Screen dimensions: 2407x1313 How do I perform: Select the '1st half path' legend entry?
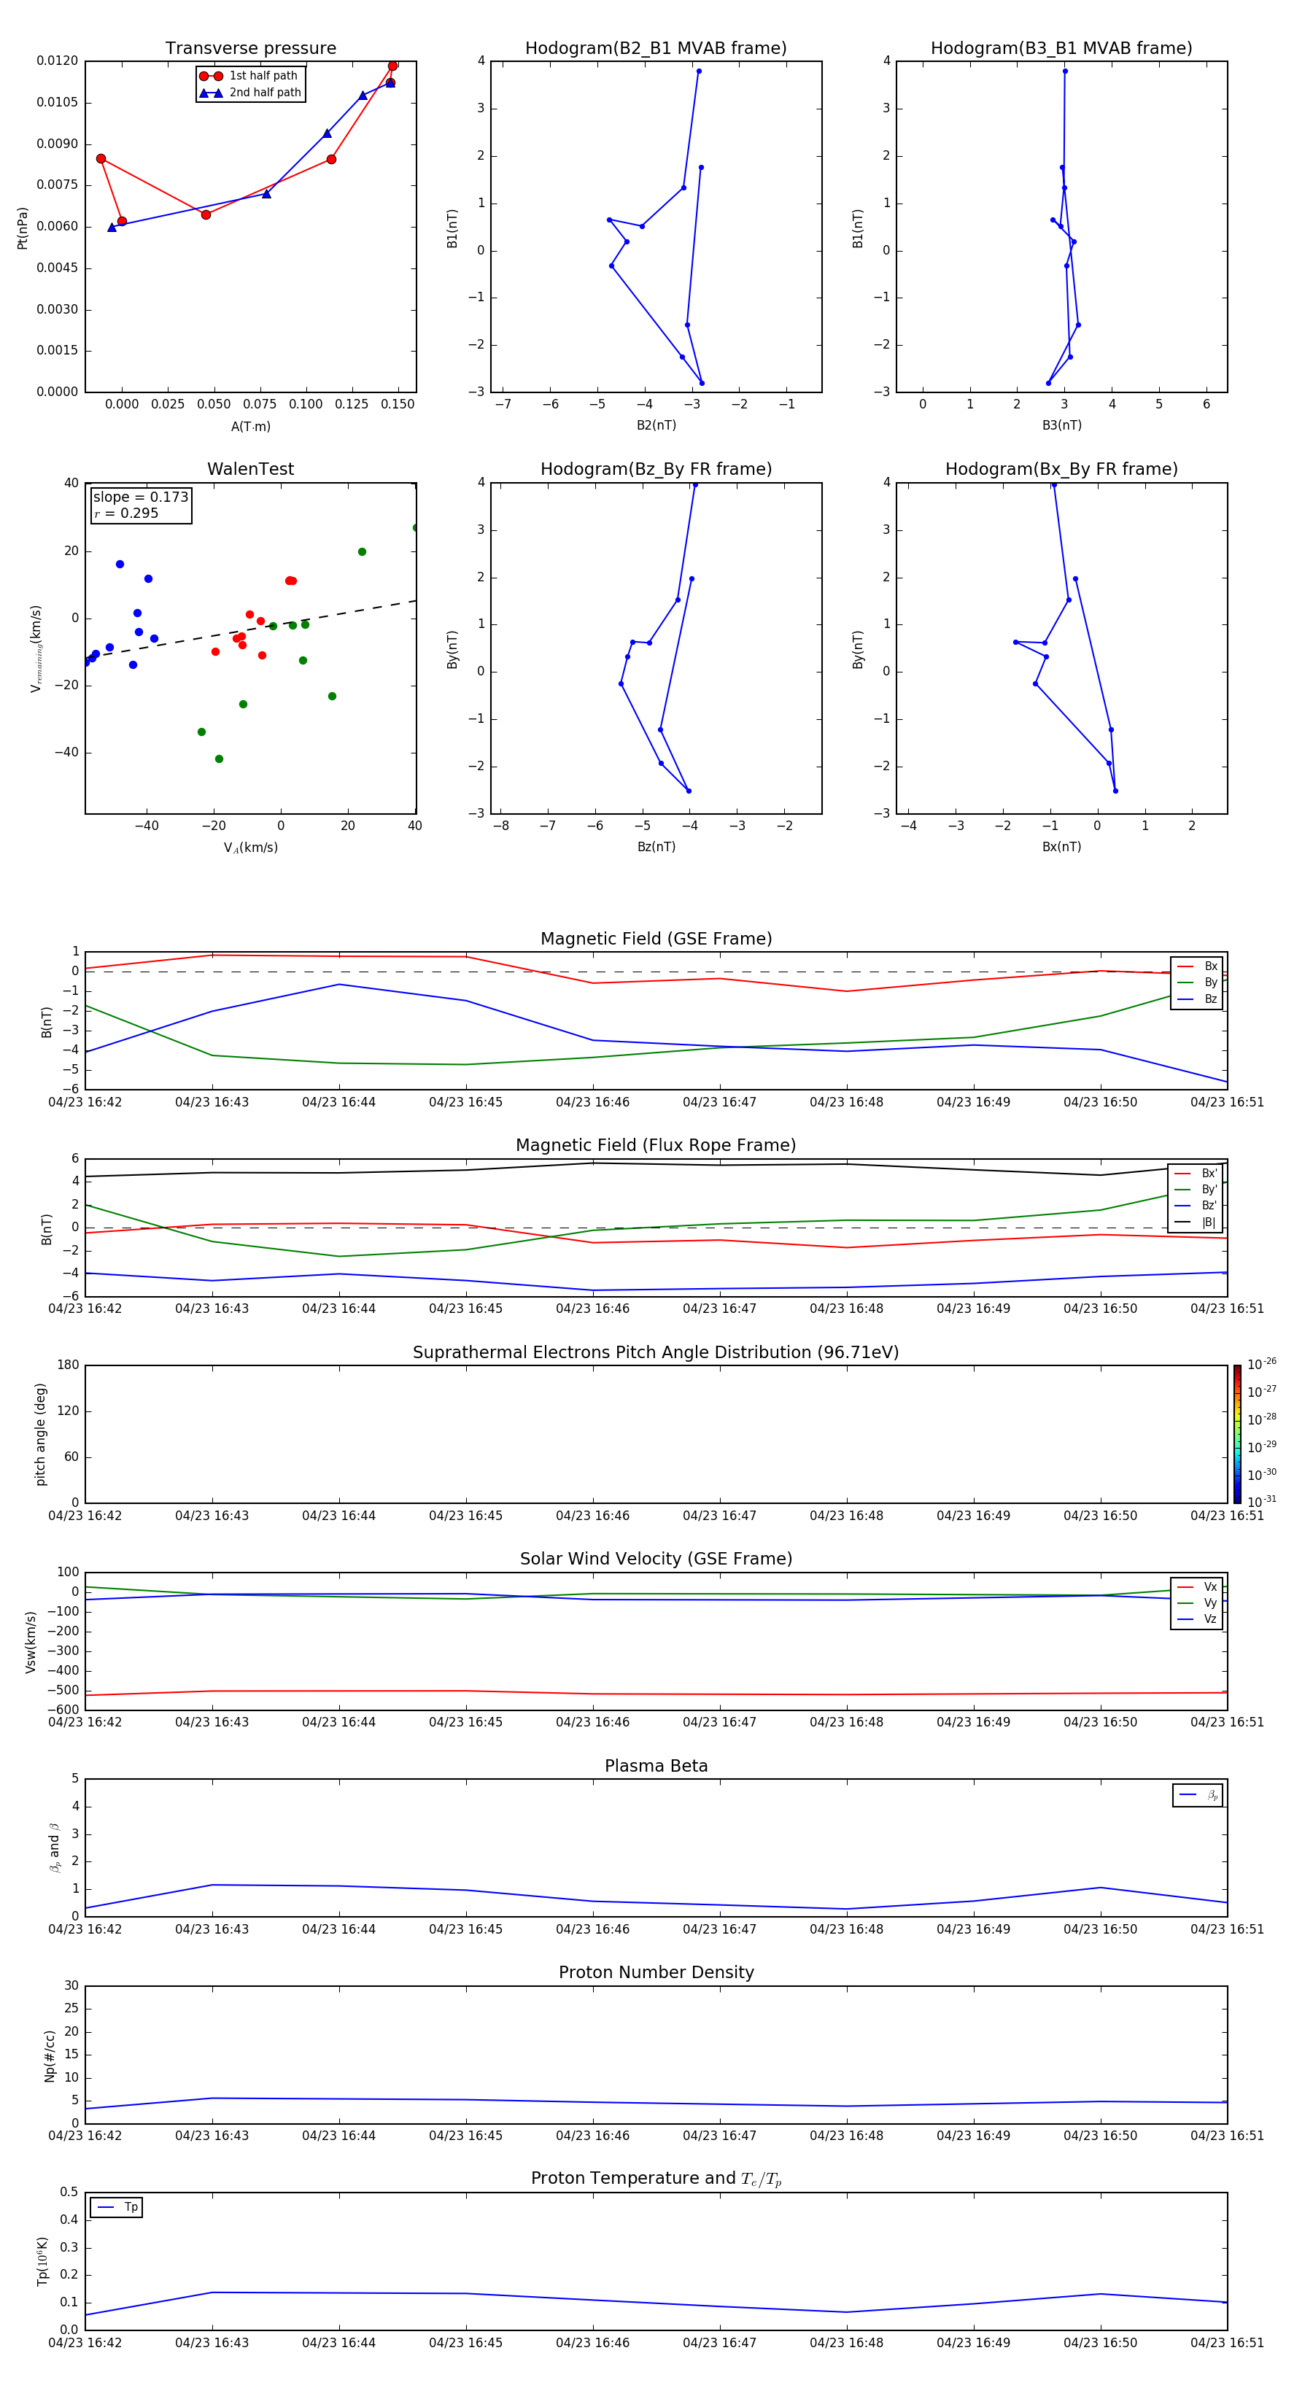pos(263,76)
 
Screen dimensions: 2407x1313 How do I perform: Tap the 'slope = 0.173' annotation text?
pos(140,497)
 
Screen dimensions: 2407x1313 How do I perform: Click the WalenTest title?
pos(250,469)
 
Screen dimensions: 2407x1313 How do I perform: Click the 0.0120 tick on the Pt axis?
pos(57,61)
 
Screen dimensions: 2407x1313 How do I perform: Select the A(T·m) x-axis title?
pos(250,426)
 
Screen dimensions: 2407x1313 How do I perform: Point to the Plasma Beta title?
pos(656,1766)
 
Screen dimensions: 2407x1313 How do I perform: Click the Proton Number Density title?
pos(656,1972)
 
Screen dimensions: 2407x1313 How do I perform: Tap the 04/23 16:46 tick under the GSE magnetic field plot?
pos(592,1103)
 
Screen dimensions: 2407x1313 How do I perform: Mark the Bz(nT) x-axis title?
pos(656,847)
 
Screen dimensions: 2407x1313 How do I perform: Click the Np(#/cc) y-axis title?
pos(50,2055)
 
